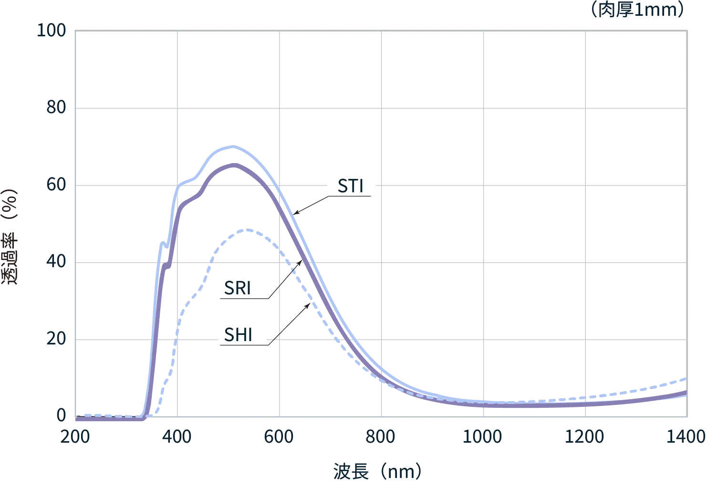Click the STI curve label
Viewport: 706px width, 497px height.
351,186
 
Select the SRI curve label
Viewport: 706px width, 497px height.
238,289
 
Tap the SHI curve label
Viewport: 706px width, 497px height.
238,335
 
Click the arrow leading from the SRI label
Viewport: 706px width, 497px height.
285,279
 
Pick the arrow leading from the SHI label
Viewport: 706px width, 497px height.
290,323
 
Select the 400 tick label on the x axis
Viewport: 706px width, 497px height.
178,437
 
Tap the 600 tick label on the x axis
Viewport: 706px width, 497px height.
280,437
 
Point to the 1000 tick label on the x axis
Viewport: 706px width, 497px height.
483,437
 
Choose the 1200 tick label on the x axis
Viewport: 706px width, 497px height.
586,437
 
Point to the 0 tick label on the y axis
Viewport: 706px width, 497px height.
61,415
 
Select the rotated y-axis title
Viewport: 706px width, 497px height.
10,236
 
